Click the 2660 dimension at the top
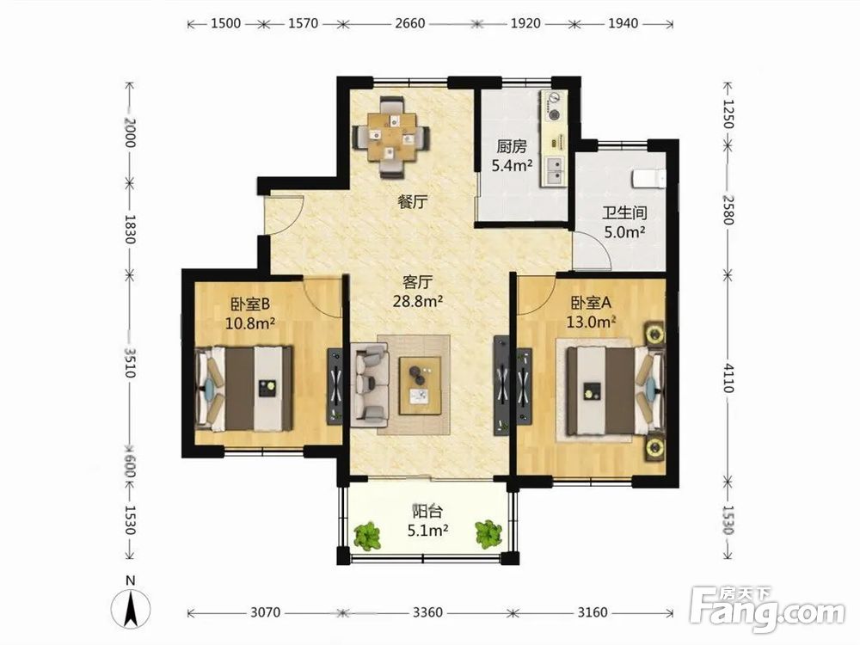[x=409, y=23]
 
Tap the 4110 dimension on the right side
[x=728, y=378]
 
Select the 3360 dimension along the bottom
[x=427, y=612]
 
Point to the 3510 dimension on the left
[x=130, y=363]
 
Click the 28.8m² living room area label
[x=418, y=301]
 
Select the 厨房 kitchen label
[x=511, y=146]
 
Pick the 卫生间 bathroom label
[x=624, y=212]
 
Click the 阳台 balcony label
[x=427, y=512]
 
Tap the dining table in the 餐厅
[x=390, y=137]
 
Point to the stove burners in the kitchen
[x=555, y=107]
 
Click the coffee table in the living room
[x=421, y=385]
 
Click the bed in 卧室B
[x=244, y=388]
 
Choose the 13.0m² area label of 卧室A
[x=591, y=322]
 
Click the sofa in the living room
[x=370, y=384]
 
